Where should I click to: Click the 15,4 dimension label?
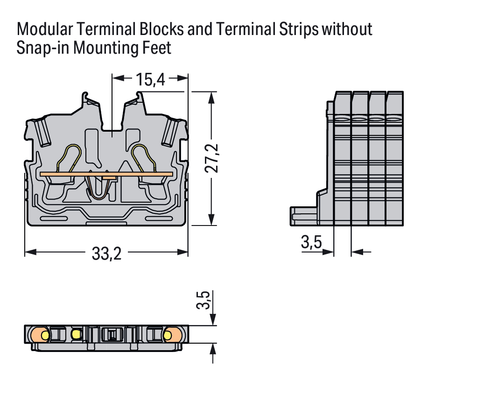click(151, 80)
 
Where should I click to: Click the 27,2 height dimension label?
click(212, 158)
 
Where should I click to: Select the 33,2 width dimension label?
click(106, 254)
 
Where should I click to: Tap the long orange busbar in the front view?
click(106, 174)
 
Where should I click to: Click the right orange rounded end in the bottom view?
click(173, 334)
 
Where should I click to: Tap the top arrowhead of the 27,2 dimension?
click(212, 97)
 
